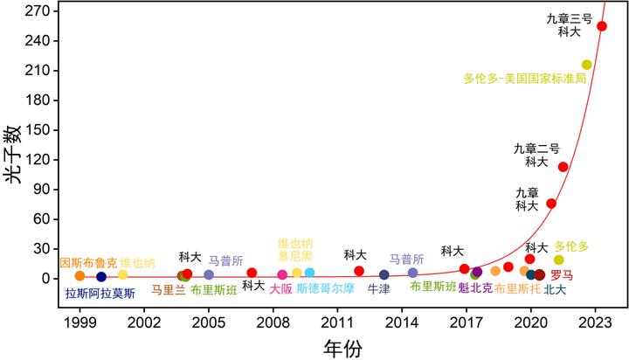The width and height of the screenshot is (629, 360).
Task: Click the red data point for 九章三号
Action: tap(601, 26)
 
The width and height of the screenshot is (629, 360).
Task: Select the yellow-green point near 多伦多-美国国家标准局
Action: tap(586, 65)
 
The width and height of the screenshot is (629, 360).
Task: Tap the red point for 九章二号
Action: tap(563, 167)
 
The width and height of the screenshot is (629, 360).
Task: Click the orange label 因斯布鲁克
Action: tap(87, 263)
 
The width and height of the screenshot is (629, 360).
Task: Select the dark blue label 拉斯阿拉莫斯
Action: tap(100, 294)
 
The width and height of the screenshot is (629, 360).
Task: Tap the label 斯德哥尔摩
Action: tap(326, 288)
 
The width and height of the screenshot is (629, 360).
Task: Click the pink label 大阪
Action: tap(280, 288)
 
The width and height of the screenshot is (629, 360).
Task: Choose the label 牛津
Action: tap(378, 288)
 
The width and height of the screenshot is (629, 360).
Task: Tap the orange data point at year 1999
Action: tap(79, 276)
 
